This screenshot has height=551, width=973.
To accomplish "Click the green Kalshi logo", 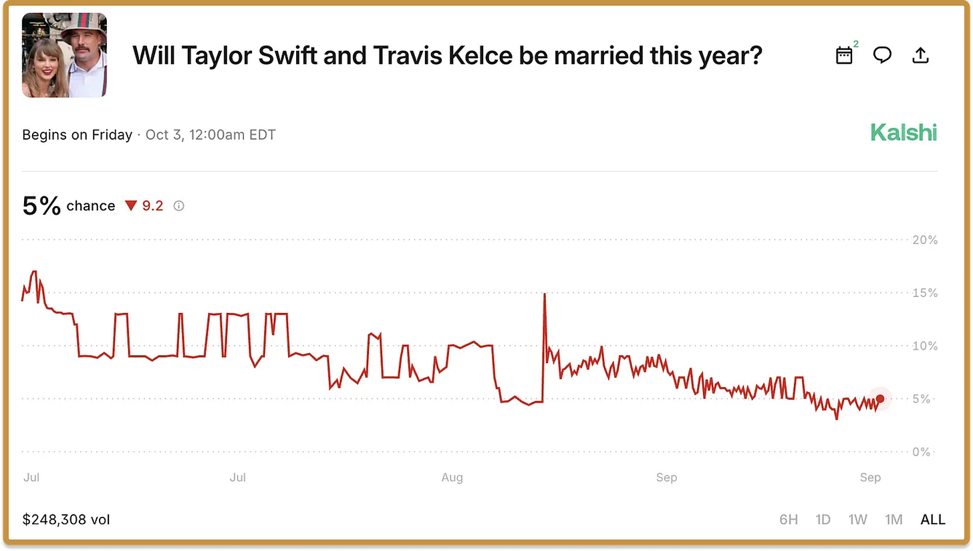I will click(x=903, y=134).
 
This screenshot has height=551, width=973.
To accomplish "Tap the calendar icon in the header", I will click(x=845, y=56).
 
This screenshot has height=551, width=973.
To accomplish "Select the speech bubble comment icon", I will click(x=882, y=56).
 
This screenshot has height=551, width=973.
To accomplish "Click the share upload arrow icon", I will click(x=921, y=56).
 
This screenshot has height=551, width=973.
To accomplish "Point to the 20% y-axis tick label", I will click(x=925, y=240).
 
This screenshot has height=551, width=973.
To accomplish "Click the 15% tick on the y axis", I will click(x=925, y=293).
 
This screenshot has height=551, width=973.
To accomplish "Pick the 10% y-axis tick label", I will click(x=925, y=346).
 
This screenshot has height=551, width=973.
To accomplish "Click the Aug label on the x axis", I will click(x=452, y=477).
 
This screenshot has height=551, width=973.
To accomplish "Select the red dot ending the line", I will click(x=880, y=399).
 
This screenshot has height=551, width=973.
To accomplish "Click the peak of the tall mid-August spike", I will click(x=545, y=294).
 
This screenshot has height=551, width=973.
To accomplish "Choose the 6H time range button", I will click(x=789, y=520).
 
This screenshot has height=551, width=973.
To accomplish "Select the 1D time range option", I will click(x=823, y=520).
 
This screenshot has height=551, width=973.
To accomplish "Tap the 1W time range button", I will click(x=857, y=520).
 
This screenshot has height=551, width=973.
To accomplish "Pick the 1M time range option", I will click(x=893, y=520).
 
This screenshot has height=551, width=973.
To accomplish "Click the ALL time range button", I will click(x=933, y=520).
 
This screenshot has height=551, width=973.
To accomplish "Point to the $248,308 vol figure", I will click(x=66, y=520).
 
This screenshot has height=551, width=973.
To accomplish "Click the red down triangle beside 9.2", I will click(x=130, y=206).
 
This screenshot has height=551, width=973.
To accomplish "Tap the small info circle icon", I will click(x=178, y=206).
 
